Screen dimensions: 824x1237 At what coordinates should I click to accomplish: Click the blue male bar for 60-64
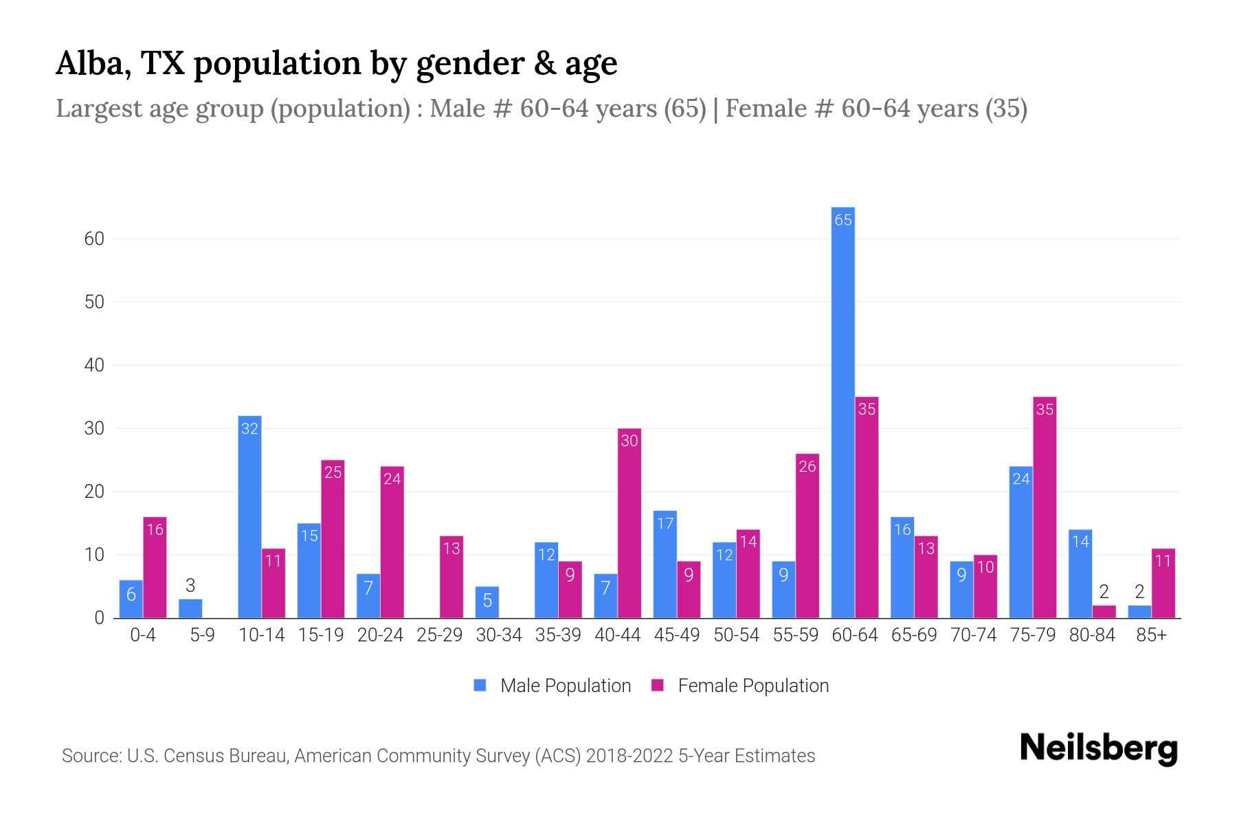pyautogui.click(x=843, y=412)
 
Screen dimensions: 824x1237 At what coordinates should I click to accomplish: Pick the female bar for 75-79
pyautogui.click(x=1044, y=507)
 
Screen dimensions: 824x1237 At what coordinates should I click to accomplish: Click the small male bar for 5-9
pyautogui.click(x=190, y=608)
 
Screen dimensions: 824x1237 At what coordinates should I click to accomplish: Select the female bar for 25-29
pyautogui.click(x=452, y=577)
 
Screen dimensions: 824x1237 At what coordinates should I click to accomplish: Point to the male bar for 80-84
pyautogui.click(x=1080, y=573)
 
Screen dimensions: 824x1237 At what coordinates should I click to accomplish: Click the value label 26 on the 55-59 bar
pyautogui.click(x=807, y=467)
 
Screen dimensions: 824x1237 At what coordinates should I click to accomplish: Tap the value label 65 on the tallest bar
pyautogui.click(x=843, y=220)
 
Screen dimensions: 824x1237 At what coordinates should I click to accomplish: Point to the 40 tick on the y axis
pyautogui.click(x=94, y=365)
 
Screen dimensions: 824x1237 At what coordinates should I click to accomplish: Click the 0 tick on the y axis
pyautogui.click(x=99, y=618)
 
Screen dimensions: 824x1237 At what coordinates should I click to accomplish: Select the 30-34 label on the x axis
pyautogui.click(x=499, y=635)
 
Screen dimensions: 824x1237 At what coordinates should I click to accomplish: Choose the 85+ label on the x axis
pyautogui.click(x=1151, y=635)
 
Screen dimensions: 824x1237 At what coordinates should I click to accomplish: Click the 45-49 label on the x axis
pyautogui.click(x=677, y=635)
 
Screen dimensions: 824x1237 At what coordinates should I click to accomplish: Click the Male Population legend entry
pyautogui.click(x=553, y=685)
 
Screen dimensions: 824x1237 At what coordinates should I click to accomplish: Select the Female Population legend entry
pyautogui.click(x=740, y=685)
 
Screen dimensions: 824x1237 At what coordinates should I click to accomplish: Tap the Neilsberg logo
pyautogui.click(x=1098, y=748)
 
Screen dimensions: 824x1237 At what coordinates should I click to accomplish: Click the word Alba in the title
pyautogui.click(x=93, y=63)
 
